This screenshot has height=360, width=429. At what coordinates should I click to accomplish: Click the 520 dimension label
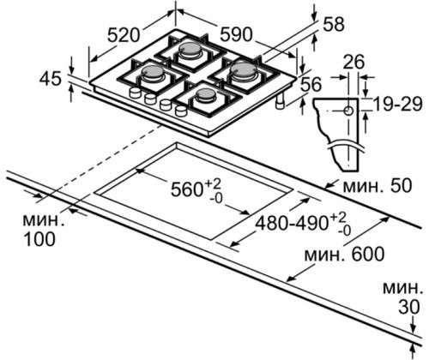pyautogui.click(x=124, y=36)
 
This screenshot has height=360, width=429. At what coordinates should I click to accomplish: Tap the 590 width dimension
pyautogui.click(x=236, y=34)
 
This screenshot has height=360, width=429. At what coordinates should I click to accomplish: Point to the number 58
pyautogui.click(x=334, y=24)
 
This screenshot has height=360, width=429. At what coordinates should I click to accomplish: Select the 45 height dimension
pyautogui.click(x=51, y=78)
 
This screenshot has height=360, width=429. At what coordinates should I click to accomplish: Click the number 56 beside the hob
pyautogui.click(x=311, y=84)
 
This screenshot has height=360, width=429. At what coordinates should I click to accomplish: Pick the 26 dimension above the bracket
pyautogui.click(x=353, y=62)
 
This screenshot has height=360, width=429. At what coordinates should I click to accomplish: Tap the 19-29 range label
pyautogui.click(x=398, y=104)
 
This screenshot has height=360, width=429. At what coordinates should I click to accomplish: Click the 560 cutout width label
pyautogui.click(x=196, y=189)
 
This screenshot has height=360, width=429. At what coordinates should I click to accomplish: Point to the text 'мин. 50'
pyautogui.click(x=378, y=185)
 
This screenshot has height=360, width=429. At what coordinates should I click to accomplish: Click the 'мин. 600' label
pyautogui.click(x=344, y=254)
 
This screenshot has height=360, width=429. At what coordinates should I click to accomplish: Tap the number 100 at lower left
pyautogui.click(x=39, y=239)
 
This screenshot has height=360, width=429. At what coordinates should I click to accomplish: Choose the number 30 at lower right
pyautogui.click(x=409, y=307)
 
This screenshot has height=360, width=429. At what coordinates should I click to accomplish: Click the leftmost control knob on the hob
pyautogui.click(x=135, y=93)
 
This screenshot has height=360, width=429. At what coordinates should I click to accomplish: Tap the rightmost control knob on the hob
pyautogui.click(x=181, y=111)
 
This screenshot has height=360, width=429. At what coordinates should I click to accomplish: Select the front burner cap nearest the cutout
pyautogui.click(x=205, y=95)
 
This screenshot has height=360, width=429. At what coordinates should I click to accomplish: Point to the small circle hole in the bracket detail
pyautogui.click(x=348, y=111)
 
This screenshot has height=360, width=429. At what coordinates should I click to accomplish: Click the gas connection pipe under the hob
pyautogui.click(x=280, y=102)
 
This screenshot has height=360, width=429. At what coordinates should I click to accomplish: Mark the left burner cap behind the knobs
pyautogui.click(x=153, y=72)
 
